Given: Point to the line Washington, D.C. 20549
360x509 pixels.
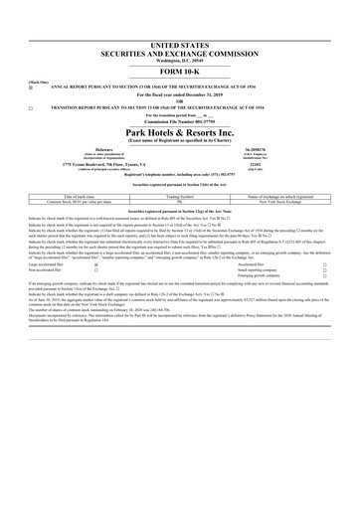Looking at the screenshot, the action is point(179,63).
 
